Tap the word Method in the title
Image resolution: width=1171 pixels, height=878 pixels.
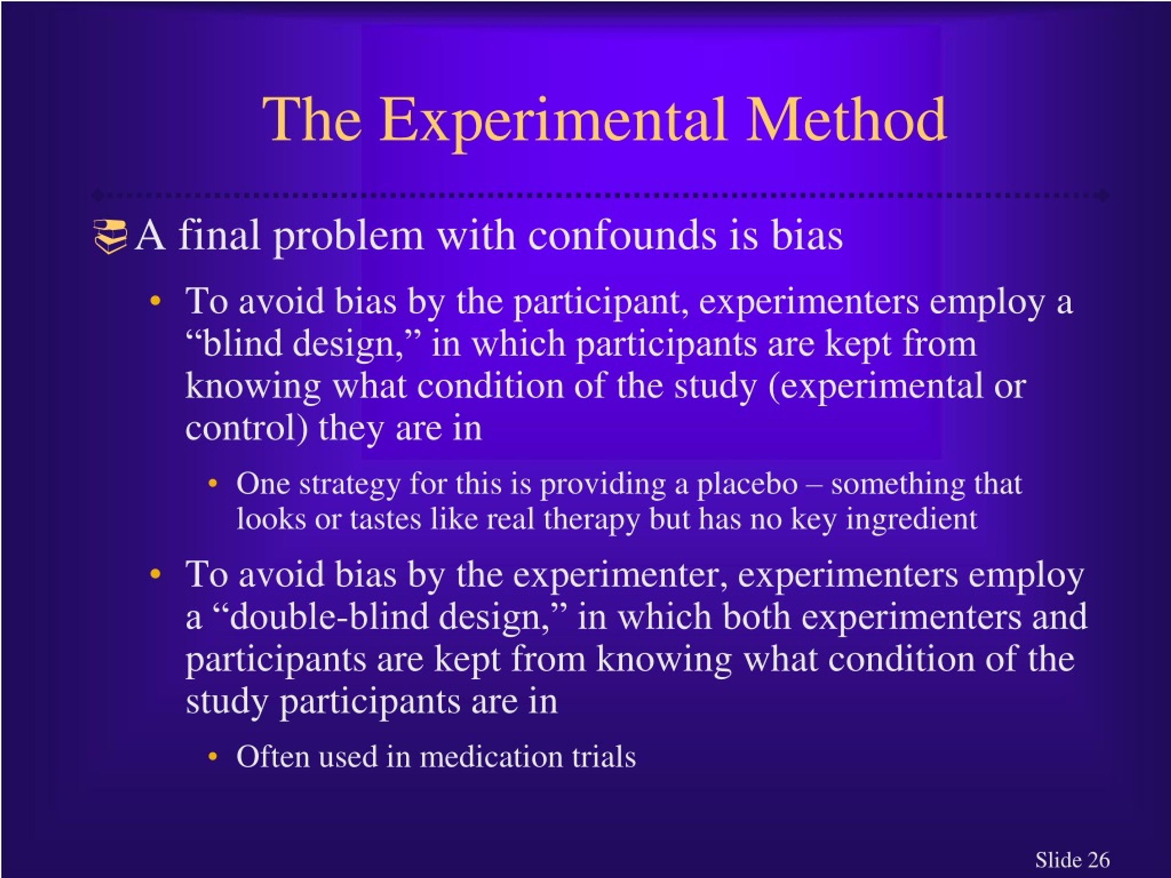(x=845, y=121)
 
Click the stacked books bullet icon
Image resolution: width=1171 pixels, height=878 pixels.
(x=110, y=236)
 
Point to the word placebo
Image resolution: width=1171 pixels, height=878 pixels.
(x=747, y=484)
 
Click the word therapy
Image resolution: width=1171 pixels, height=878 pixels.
(x=591, y=519)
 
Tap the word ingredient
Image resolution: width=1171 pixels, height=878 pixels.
(x=911, y=519)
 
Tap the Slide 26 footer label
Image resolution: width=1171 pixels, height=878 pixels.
(x=1072, y=859)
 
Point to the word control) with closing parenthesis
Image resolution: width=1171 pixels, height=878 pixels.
(x=246, y=428)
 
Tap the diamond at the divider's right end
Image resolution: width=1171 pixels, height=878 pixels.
(x=1103, y=195)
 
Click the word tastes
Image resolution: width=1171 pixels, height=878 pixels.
(x=385, y=519)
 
